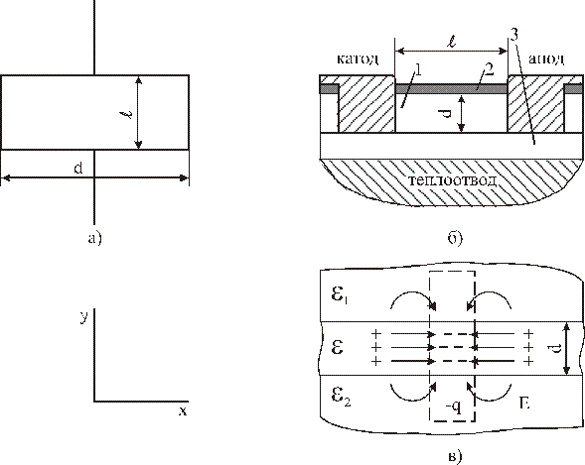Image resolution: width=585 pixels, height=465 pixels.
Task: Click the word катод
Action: click(359, 58)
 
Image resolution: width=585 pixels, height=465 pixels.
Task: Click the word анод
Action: click(546, 58)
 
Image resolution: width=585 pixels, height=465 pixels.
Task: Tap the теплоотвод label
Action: click(453, 180)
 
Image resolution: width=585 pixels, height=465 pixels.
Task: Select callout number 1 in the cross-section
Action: click(418, 70)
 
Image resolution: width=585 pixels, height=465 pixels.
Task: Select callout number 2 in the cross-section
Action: click(489, 69)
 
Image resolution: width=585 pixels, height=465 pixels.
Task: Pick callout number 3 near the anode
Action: click(514, 35)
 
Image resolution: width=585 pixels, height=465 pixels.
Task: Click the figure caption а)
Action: click(94, 238)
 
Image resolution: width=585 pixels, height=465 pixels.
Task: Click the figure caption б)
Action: click(455, 238)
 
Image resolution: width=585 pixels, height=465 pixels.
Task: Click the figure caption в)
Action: click(455, 456)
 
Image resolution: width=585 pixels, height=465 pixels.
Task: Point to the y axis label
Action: click(84, 317)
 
